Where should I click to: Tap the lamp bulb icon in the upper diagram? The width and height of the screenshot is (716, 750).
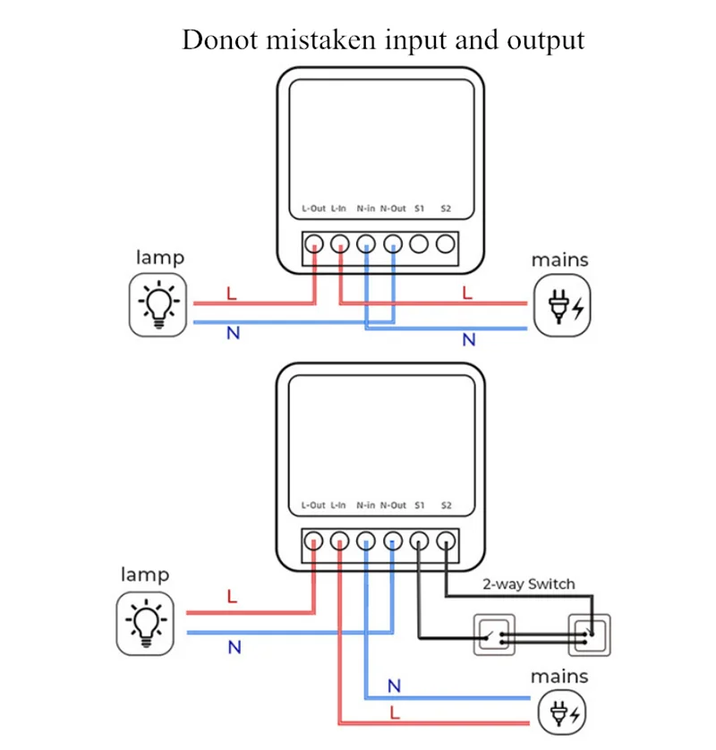159,304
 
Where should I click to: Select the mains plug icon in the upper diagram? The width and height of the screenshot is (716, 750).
563,305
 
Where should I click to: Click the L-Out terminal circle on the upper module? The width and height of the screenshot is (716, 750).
314,243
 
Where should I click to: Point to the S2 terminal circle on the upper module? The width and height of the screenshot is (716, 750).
446,243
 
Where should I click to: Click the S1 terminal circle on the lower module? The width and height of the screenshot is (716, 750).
419,541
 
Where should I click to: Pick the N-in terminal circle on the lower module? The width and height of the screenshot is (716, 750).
365,541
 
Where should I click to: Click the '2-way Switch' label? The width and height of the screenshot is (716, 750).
528,584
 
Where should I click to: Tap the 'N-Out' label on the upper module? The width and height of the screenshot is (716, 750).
393,209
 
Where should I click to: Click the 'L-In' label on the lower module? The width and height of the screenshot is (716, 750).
338,506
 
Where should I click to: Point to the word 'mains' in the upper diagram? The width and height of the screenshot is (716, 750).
559,260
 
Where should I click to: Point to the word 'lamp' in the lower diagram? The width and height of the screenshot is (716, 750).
144,575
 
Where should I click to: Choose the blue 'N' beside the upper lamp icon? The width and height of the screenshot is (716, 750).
233,334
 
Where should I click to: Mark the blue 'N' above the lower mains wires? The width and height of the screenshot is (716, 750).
394,686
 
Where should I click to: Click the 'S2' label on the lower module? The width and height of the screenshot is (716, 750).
446,506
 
